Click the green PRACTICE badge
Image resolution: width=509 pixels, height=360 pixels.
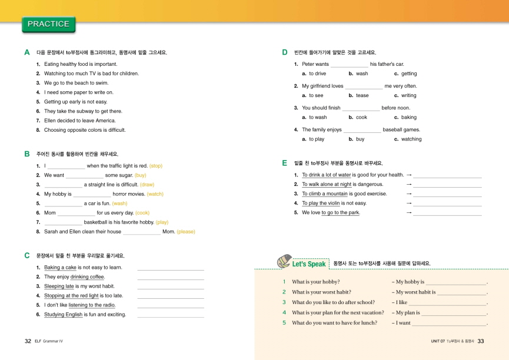[48, 24]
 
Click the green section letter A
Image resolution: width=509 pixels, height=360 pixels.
[27, 52]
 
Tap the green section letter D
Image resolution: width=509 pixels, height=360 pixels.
[285, 52]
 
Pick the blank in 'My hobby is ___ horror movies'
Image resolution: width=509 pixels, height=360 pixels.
[92, 194]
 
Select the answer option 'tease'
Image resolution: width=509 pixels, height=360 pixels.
[362, 95]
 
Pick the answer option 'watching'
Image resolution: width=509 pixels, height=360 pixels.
[411, 139]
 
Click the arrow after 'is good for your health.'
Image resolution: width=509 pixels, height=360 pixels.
[409, 175]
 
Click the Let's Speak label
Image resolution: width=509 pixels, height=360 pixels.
[309, 264]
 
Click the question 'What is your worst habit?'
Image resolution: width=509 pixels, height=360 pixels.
[321, 292]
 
